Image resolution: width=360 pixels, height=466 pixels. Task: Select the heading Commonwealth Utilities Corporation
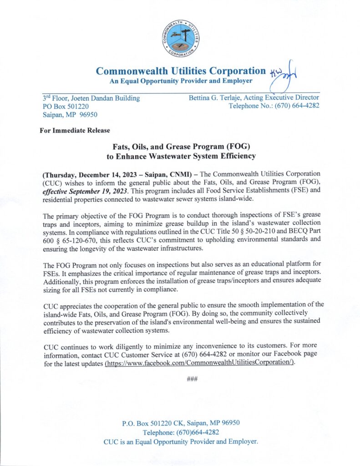[181, 71]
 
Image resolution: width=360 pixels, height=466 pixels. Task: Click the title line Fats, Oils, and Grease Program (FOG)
[180, 147]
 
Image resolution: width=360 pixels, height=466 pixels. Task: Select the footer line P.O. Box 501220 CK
[181, 423]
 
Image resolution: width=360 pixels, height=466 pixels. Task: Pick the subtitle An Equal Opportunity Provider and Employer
[181, 81]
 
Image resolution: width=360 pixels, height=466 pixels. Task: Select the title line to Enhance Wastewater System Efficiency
[180, 157]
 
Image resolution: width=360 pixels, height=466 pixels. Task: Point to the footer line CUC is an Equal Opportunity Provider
[181, 441]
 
